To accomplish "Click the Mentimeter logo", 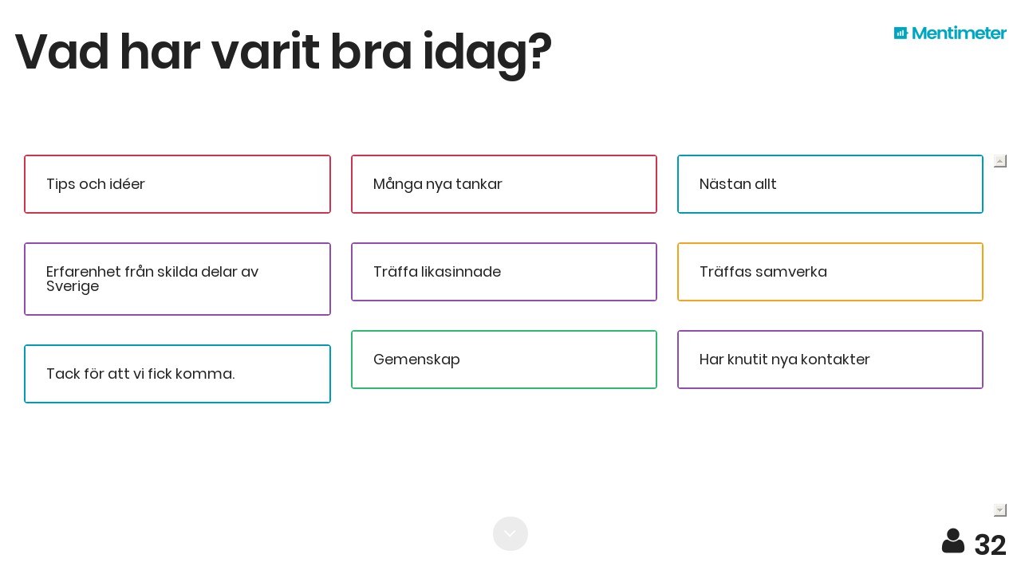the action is pos(950,33).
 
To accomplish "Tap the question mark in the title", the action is pos(540,51).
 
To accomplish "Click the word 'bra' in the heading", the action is pos(371,51).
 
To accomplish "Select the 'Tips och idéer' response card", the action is pos(177,184).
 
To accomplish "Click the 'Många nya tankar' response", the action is pos(503,184).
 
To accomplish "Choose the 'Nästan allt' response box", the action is pos(830,184).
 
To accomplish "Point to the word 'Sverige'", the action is pos(73,286).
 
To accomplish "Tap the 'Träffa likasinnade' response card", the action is pos(503,272).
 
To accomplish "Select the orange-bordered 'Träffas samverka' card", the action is pos(830,272).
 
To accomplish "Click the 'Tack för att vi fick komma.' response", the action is pos(177,374).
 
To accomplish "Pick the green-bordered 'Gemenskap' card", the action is pos(503,360).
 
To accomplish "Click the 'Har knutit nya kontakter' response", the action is pos(830,360).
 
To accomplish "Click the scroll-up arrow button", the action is pos(1000,161).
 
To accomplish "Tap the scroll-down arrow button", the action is pos(1000,510).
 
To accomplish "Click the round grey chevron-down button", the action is pos(510,533).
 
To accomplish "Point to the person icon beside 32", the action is pos(953,541).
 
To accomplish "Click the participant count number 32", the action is pos(990,545).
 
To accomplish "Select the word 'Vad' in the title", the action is pos(62,51).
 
